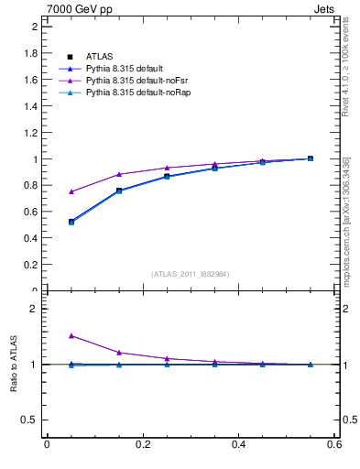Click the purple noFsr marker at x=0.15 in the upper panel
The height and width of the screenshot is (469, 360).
119,174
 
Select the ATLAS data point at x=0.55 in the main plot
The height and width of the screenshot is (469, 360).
311,158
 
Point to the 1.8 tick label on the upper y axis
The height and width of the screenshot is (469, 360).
30,53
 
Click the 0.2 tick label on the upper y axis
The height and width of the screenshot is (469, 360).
30,265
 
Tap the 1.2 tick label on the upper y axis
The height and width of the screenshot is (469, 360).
30,133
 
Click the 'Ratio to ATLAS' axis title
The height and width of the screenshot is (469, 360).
14,365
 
